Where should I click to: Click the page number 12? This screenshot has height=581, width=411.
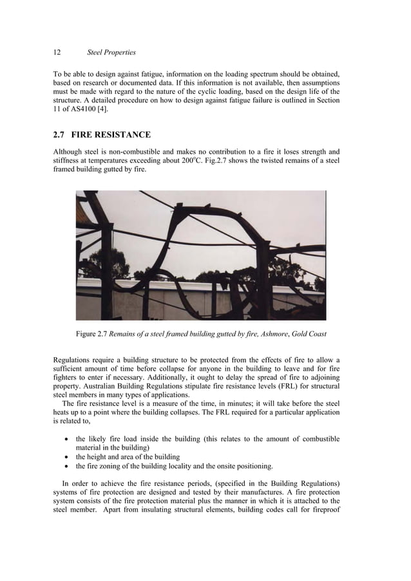tap(56, 52)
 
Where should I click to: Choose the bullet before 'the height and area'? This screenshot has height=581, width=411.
tap(67, 457)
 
